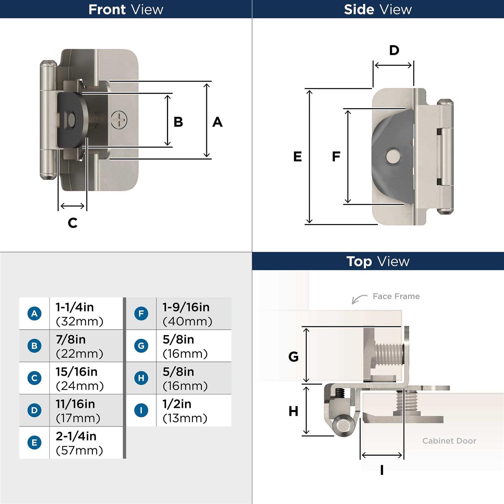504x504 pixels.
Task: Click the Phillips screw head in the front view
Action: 119,120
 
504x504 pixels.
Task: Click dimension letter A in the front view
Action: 217,122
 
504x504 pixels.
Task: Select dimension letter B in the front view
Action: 178,122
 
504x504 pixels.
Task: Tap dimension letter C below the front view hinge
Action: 73,223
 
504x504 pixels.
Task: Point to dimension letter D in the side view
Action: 394,50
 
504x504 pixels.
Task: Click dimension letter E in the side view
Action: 297,157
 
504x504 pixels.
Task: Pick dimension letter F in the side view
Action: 336,157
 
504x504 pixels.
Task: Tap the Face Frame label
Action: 396,296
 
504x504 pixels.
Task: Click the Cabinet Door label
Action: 449,441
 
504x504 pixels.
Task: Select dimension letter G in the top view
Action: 293,356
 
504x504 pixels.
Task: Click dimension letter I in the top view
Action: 382,470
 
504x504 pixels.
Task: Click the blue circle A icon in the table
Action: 34,313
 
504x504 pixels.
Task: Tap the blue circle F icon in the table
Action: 141,313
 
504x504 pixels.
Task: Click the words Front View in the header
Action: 126,9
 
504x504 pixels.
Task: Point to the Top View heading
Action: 378,261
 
